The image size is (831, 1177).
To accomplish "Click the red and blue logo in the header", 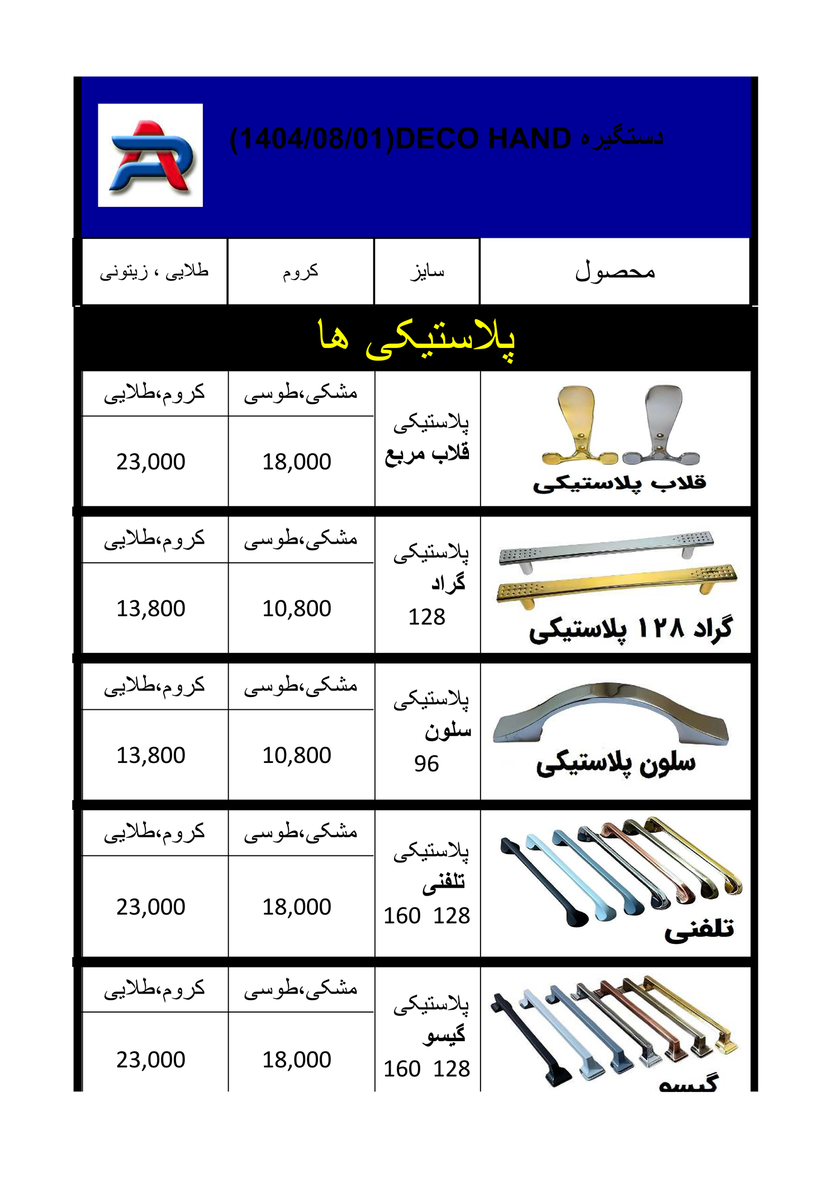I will click(150, 155).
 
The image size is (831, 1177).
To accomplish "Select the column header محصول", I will click(615, 272).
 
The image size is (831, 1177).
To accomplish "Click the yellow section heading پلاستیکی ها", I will click(416, 338).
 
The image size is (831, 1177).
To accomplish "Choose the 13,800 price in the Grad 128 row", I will click(150, 609).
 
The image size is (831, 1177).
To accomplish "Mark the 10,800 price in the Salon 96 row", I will click(297, 755).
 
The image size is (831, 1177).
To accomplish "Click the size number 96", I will click(426, 764).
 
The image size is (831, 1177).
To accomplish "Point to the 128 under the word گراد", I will click(426, 617).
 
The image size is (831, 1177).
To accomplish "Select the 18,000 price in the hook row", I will click(297, 462).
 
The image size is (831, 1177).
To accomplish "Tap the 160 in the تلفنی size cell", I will click(402, 916).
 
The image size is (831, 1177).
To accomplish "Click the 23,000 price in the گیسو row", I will click(150, 1060).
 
